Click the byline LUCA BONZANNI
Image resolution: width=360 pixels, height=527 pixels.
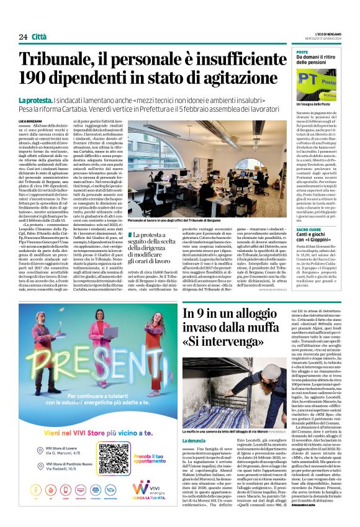29,120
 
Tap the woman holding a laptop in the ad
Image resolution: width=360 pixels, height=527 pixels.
67,350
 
